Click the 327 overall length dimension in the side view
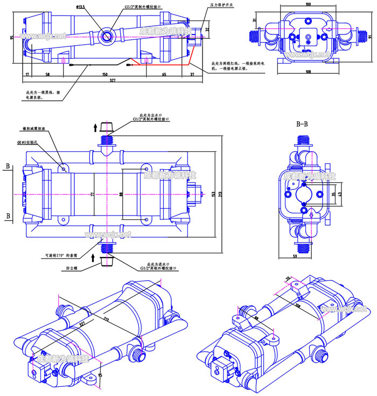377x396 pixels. pos(113,80)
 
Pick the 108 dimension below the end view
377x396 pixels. pos(308,71)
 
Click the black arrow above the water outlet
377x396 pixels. pos(95,127)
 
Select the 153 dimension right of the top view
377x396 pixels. pos(213,194)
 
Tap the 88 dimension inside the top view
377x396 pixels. pos(121,194)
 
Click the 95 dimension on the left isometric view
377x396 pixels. pos(101,373)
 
